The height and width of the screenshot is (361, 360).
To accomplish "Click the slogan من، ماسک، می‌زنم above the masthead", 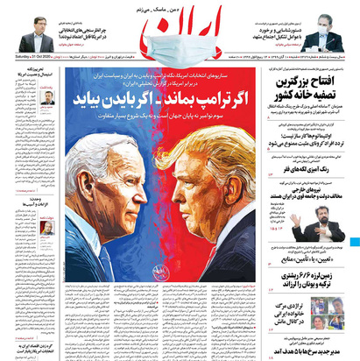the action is click(x=180, y=7).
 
